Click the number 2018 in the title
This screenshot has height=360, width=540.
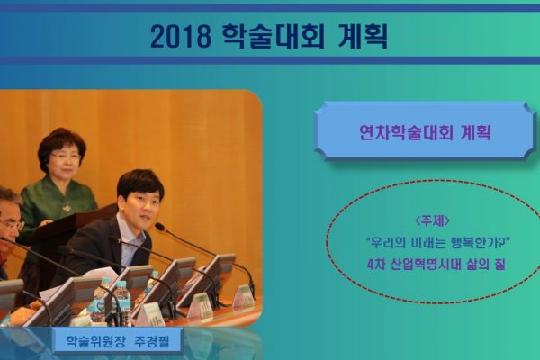coord(181,37)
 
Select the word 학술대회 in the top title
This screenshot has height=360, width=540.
coord(274,36)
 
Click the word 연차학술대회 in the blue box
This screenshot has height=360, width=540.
coord(406,132)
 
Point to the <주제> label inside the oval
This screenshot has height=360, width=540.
coord(433,221)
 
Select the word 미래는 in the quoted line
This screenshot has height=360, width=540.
coord(426,243)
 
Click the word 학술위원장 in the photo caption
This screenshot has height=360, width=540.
coord(94,342)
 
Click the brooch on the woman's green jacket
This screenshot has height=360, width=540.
coord(66,208)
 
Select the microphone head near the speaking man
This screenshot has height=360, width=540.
coord(160,227)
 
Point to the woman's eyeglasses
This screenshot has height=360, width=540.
coord(64,157)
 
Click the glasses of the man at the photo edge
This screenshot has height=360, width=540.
coord(12,226)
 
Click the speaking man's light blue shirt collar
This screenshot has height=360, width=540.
coord(127,229)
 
